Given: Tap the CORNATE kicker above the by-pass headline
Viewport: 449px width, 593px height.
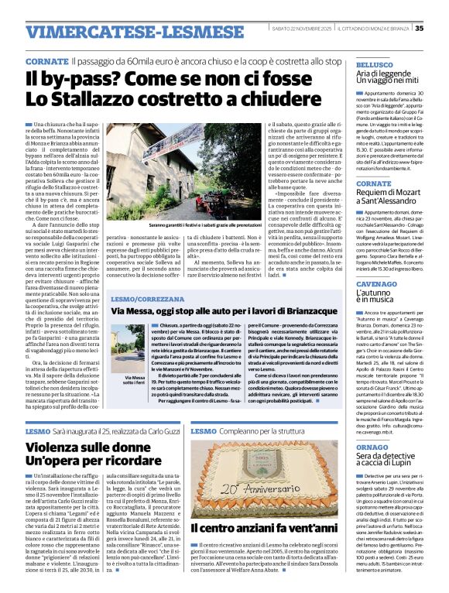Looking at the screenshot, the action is click(46, 60).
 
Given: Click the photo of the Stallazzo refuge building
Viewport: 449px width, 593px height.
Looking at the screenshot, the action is click(187, 159).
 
